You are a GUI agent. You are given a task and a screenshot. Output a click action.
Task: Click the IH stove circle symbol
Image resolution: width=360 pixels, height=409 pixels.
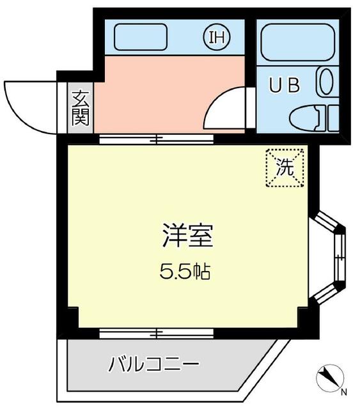tap(215, 37)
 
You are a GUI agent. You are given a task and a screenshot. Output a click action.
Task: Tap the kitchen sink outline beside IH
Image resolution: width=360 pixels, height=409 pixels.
tap(140, 37)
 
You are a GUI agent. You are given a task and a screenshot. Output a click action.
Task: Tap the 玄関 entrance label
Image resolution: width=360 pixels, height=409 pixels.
tap(80, 109)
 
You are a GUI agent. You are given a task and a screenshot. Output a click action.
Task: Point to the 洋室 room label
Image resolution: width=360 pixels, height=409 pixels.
tap(186, 236)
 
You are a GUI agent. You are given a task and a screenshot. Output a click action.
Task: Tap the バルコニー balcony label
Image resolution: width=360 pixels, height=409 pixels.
tap(153, 366)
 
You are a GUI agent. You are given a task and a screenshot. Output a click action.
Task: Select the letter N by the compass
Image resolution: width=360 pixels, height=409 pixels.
tap(344, 392)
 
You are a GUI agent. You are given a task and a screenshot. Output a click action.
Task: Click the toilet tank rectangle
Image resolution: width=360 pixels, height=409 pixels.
tap(333, 119)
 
